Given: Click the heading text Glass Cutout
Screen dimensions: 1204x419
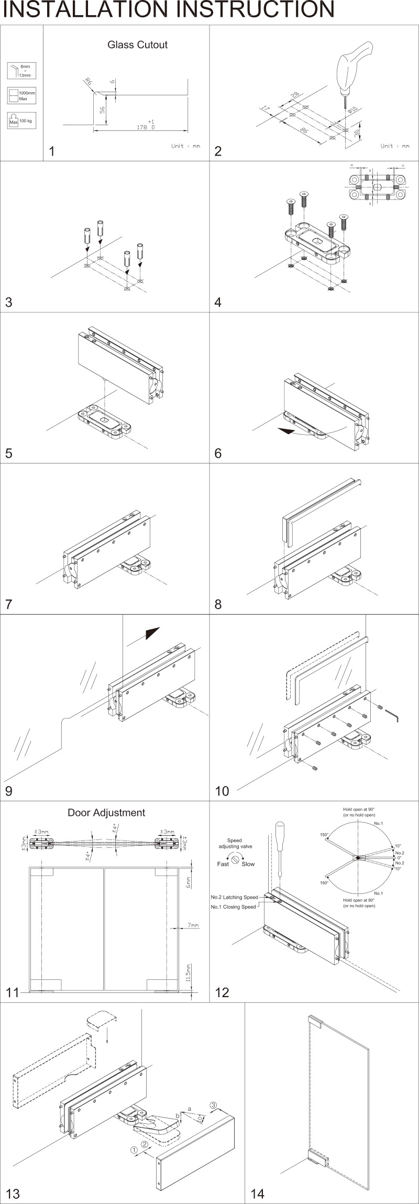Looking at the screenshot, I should pos(137,45).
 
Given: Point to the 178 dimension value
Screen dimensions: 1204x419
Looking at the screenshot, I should pos(142,127).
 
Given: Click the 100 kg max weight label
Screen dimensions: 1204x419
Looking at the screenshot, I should pos(26,121).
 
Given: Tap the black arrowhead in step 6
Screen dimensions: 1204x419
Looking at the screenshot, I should pos(286,430).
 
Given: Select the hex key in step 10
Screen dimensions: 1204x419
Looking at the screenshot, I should pos(392,714).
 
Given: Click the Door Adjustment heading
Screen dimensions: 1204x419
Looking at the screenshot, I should pos(106,813).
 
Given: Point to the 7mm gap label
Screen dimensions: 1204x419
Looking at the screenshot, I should pos(193,925).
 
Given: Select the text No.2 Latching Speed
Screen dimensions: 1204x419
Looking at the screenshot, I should pos(234,897).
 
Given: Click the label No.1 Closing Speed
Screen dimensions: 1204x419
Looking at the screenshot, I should pos(233,907).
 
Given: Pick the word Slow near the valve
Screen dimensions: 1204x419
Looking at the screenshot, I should pos(248,864).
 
